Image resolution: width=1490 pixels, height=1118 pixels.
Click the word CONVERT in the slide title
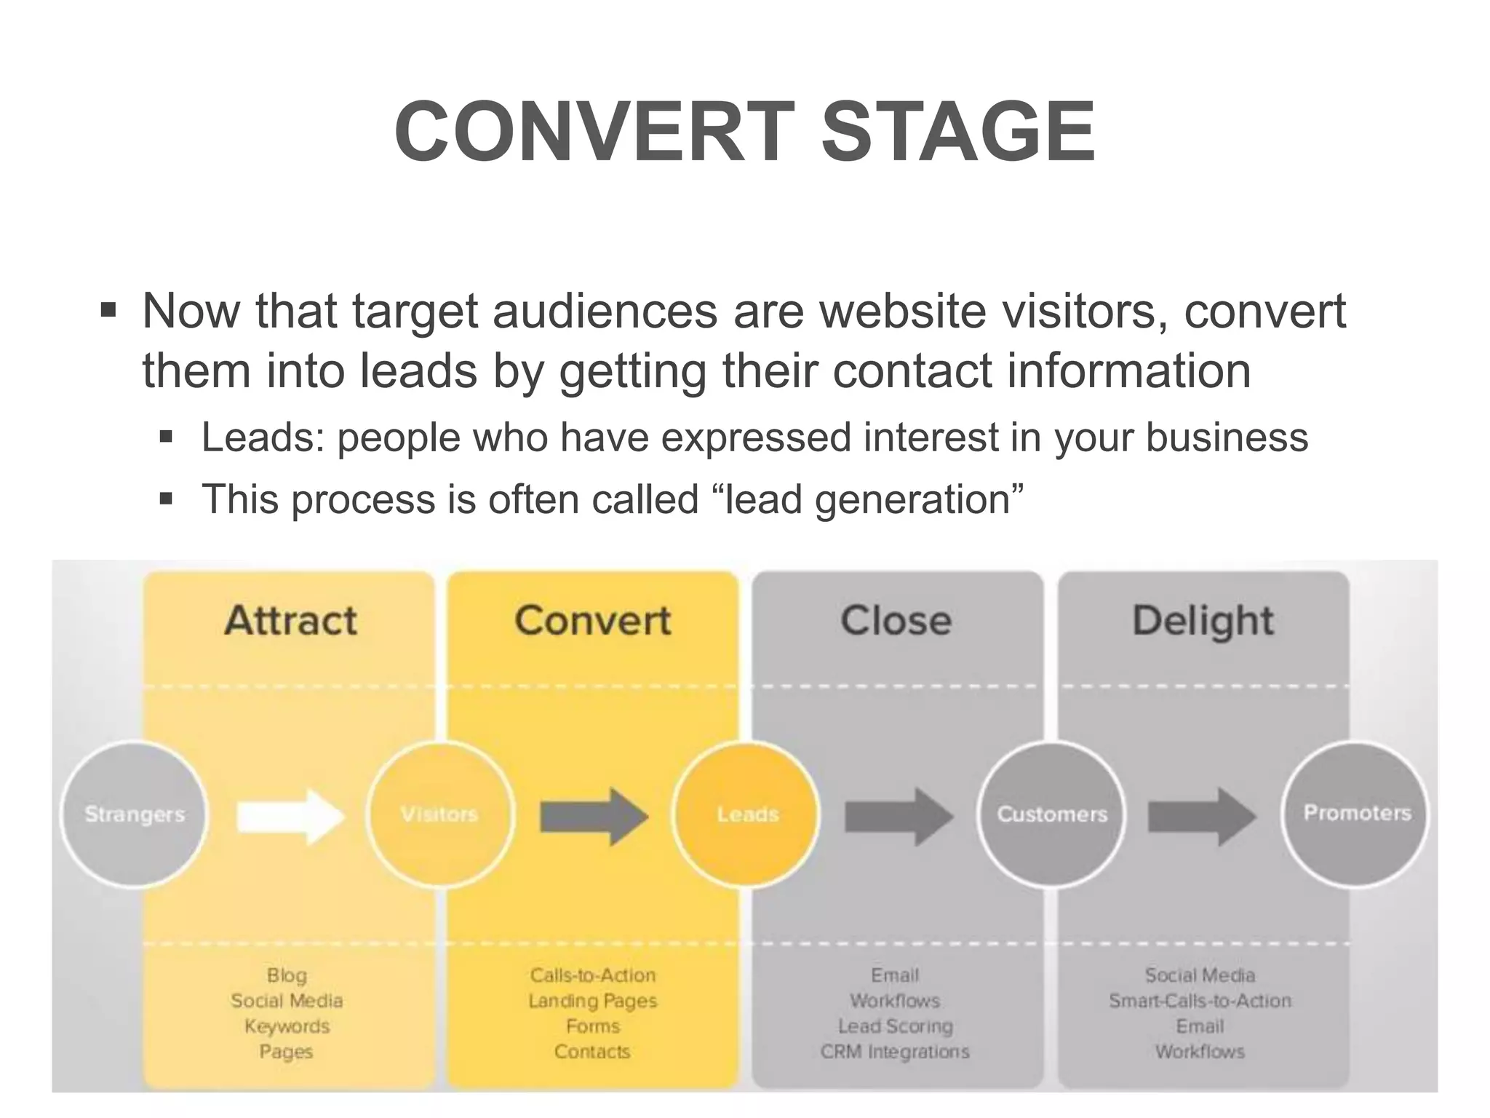[x=594, y=132]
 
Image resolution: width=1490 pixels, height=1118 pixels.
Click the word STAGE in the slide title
[x=958, y=132]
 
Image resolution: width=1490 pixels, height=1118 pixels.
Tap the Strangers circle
[x=135, y=814]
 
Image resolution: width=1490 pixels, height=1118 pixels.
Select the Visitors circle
[x=440, y=814]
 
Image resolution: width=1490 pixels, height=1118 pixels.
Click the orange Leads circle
[x=747, y=814]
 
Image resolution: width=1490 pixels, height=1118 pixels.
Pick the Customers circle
[x=1052, y=814]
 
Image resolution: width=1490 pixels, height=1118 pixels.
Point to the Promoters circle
[x=1357, y=813]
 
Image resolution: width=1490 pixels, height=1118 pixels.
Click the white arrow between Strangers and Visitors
[x=290, y=817]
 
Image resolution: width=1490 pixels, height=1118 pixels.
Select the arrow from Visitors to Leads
[x=593, y=817]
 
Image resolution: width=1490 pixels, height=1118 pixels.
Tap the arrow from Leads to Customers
[x=899, y=817]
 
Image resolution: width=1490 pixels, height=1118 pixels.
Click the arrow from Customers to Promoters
[x=1202, y=817]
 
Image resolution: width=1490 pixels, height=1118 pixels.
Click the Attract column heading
[x=290, y=621]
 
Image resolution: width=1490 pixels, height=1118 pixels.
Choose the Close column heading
[x=896, y=621]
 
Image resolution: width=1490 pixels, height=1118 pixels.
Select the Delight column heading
[x=1203, y=621]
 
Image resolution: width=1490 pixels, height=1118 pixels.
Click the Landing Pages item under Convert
[x=593, y=1002]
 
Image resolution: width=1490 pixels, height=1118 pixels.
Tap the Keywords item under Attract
[x=287, y=1027]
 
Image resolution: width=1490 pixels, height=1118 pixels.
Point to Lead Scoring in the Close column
[x=896, y=1027]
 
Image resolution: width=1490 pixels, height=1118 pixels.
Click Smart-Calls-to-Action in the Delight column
[x=1200, y=1002]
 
